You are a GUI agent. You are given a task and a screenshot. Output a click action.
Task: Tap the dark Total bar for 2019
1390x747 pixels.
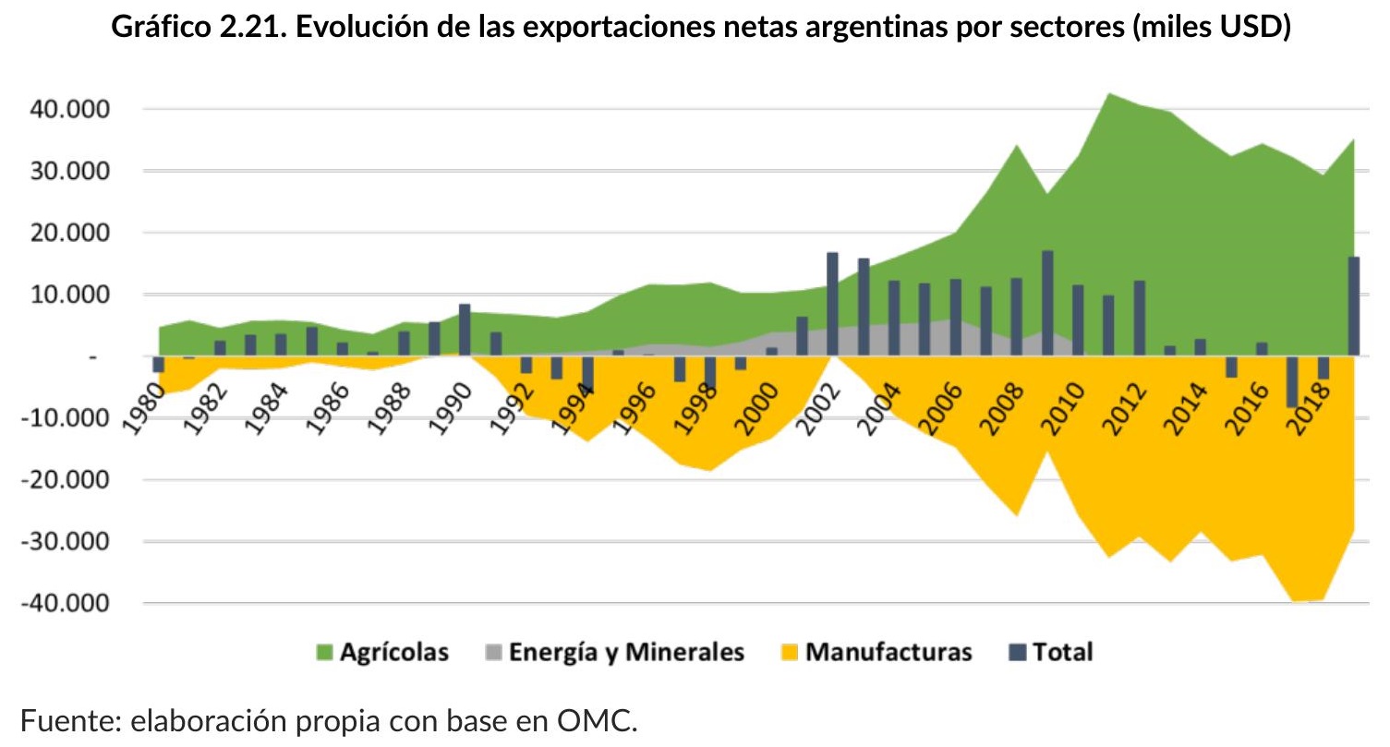pos(1353,307)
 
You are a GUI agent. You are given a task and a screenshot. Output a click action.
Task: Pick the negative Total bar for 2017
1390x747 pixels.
pos(1292,381)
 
